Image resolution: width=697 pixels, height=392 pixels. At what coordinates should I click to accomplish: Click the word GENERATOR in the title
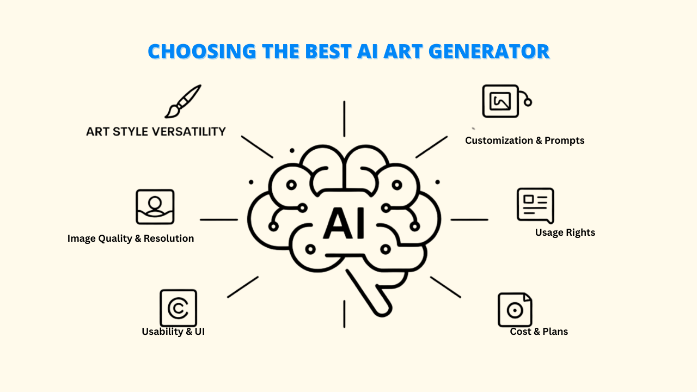pos(489,51)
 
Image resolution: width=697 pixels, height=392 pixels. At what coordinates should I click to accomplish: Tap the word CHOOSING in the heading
pos(202,51)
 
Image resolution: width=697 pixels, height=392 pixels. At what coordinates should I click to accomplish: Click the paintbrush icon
pos(183,101)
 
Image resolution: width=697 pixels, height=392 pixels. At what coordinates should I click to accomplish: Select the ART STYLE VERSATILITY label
pos(156,132)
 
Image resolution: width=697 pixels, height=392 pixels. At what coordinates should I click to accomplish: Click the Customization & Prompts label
pos(524,140)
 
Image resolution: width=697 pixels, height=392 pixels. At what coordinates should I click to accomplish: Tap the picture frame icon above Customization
pos(507,101)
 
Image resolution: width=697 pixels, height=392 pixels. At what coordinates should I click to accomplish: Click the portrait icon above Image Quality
pos(155,207)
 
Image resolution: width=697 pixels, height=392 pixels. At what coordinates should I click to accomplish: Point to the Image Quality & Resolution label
pos(131,238)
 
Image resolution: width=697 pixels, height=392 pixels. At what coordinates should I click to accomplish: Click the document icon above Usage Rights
pos(535,206)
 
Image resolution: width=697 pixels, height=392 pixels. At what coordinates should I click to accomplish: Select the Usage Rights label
pos(565,232)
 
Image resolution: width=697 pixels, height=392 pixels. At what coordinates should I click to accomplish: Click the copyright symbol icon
pos(178,308)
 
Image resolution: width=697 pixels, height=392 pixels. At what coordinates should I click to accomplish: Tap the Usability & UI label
pos(173,332)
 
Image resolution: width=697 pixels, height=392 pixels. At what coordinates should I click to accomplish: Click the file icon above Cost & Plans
pos(515,310)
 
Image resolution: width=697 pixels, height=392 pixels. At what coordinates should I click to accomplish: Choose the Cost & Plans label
pos(539,332)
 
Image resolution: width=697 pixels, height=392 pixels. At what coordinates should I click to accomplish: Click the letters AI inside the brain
pos(344,223)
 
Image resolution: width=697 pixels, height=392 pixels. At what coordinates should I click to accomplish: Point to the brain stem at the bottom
pos(369,293)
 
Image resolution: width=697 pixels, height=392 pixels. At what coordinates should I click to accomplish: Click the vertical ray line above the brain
pos(344,119)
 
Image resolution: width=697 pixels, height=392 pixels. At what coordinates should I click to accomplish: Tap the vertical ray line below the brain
pos(344,314)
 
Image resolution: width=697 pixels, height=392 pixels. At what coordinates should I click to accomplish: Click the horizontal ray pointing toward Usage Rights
pos(469,219)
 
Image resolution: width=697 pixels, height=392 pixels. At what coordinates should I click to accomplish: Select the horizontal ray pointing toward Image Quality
pos(219,219)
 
